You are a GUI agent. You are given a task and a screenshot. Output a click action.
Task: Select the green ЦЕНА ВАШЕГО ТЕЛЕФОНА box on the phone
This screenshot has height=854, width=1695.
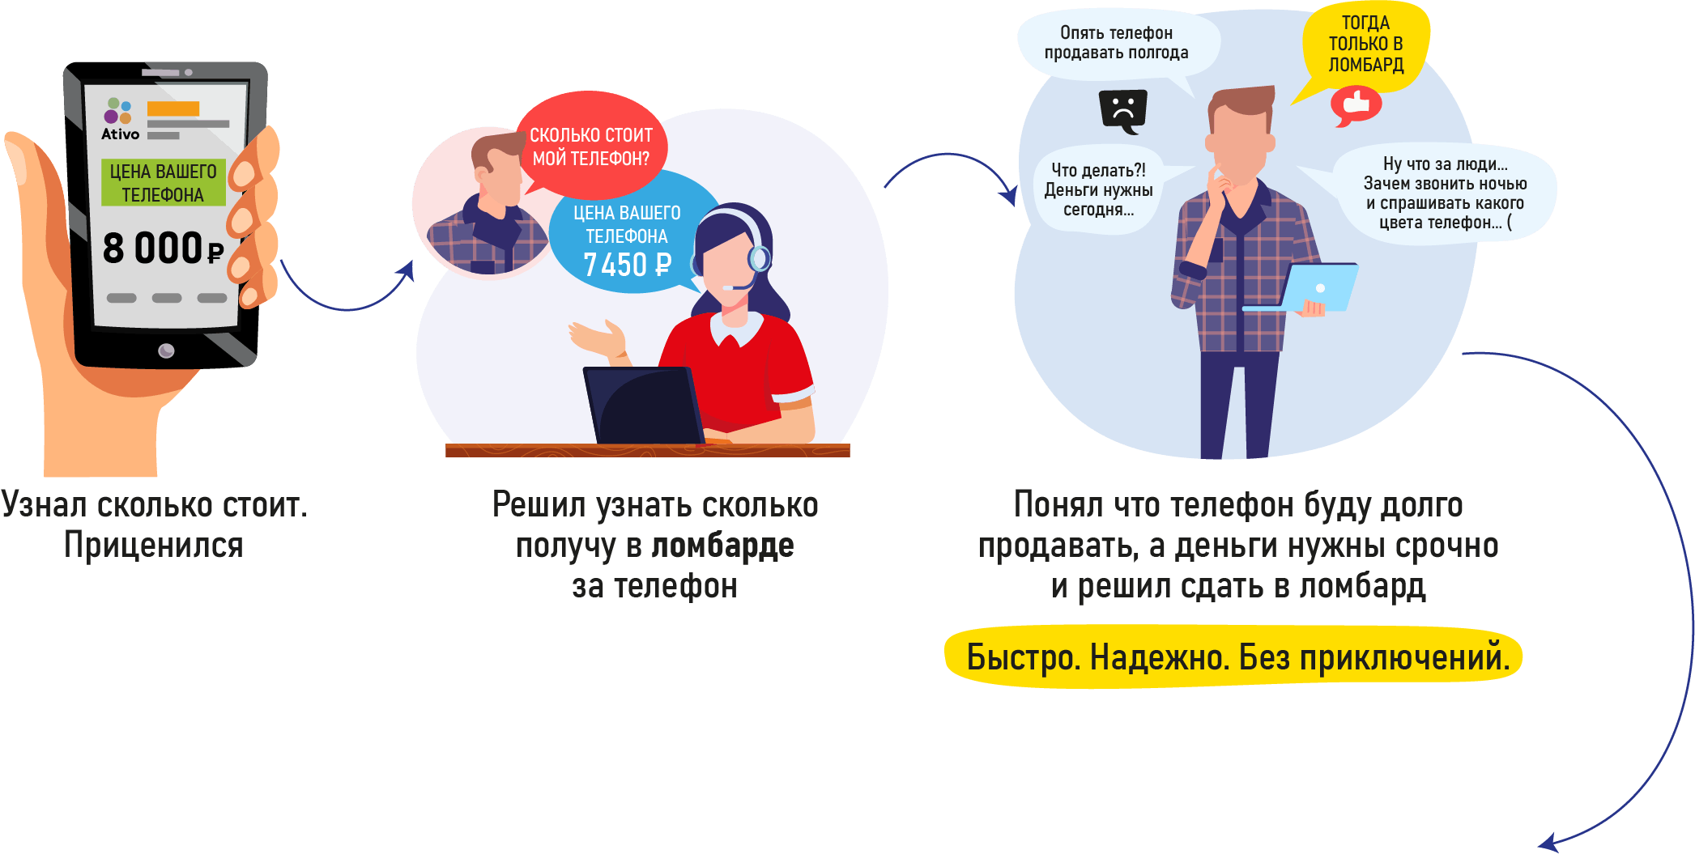coord(163,183)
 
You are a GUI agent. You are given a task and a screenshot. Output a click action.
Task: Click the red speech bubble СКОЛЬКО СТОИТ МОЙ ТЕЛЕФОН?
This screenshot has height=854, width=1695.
coord(591,147)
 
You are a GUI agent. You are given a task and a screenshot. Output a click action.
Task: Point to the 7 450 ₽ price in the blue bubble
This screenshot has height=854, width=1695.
coord(628,265)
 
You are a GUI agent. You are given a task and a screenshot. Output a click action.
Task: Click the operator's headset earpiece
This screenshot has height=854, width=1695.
coord(759,258)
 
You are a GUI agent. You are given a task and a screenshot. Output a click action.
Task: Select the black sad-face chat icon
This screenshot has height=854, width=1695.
coord(1123,109)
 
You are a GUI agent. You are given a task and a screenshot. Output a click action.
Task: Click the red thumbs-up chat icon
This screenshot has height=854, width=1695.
coord(1356,105)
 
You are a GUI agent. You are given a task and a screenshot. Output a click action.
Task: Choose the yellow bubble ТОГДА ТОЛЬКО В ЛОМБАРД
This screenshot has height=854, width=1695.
coord(1365,45)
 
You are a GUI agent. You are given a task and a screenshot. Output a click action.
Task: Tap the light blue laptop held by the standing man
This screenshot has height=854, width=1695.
coord(1315,287)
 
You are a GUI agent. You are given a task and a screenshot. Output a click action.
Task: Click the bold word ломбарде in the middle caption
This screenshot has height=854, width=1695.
coord(722,546)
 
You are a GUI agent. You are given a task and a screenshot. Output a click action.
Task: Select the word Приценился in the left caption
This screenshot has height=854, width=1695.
coord(154,546)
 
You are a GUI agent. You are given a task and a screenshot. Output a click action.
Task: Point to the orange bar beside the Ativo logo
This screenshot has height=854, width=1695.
coord(173,109)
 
